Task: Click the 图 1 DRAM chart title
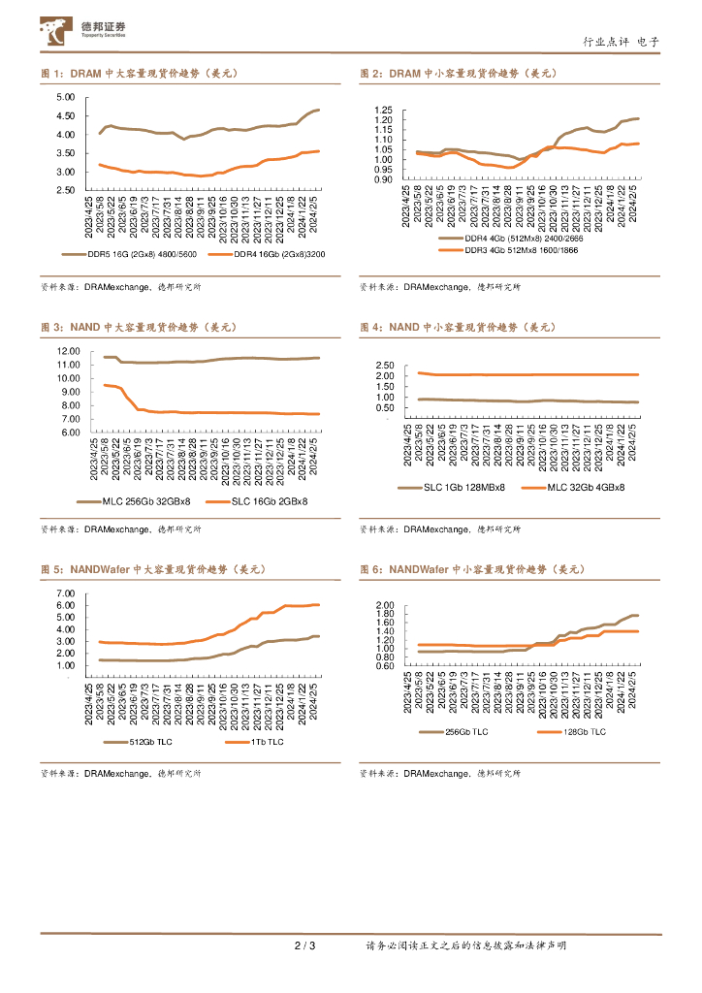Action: point(139,73)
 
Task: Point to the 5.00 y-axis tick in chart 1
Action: point(66,98)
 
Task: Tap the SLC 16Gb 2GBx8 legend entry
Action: point(269,501)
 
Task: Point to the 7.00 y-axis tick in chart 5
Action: point(66,593)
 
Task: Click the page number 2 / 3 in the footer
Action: point(304,945)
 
